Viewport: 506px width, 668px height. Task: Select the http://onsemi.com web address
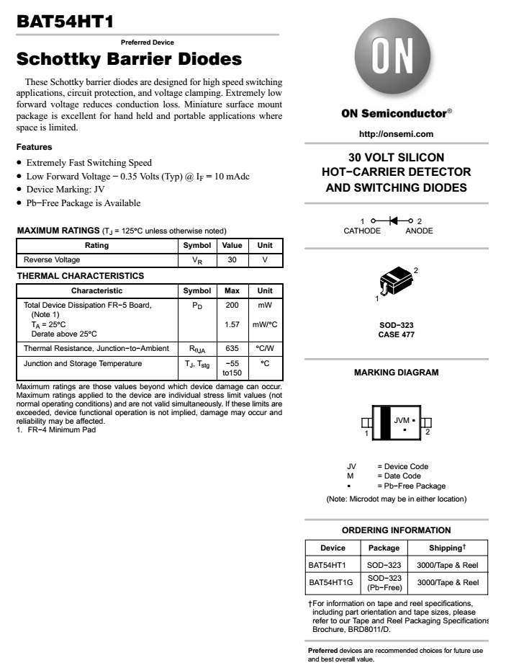[396, 134]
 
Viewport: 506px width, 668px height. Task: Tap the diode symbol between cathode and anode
[394, 220]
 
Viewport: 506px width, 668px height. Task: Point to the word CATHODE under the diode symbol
[363, 231]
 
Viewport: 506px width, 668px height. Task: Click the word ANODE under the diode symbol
[419, 231]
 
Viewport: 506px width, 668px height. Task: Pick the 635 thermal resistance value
[232, 348]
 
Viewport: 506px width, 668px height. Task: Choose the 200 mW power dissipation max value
[232, 306]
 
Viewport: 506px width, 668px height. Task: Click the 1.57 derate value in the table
[232, 324]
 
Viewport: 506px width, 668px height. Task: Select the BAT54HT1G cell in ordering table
[331, 582]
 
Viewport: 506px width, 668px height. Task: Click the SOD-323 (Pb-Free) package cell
[384, 582]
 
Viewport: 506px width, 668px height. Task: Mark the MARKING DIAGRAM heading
[396, 373]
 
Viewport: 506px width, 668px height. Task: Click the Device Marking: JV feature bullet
[65, 190]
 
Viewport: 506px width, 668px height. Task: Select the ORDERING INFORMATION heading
[396, 530]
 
